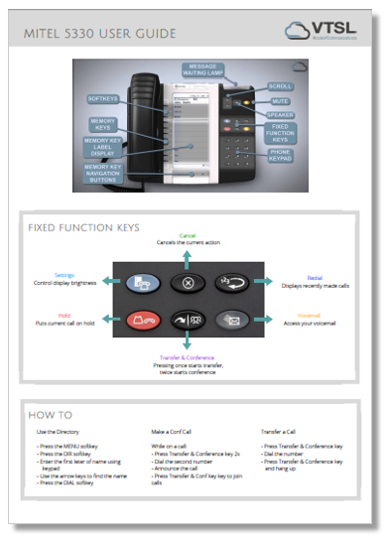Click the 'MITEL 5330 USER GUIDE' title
tap(101, 34)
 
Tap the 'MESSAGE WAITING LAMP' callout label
tap(210, 69)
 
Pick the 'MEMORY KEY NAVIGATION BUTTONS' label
tap(103, 171)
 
